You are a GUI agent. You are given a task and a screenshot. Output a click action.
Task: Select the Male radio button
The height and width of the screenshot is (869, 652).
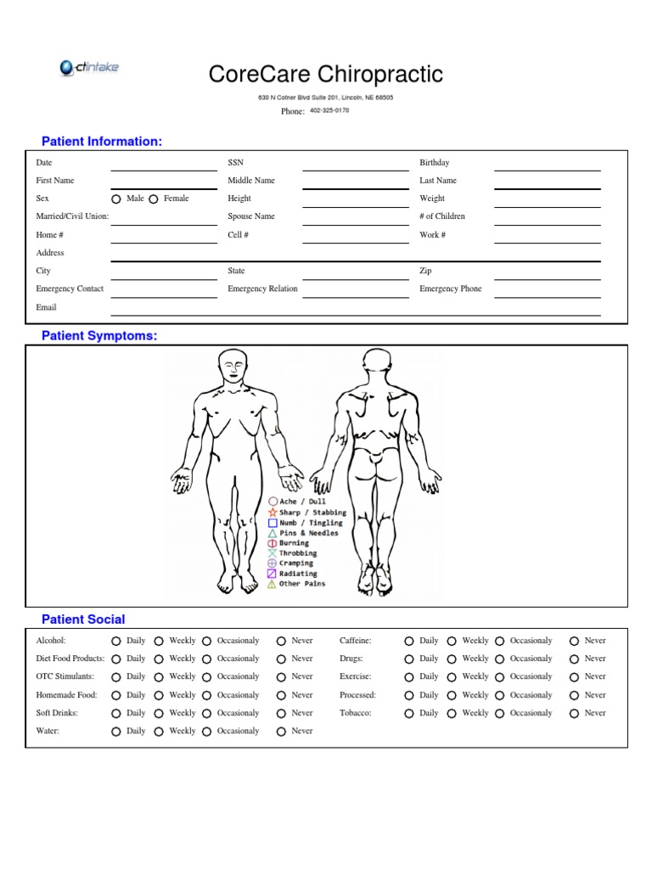pyautogui.click(x=117, y=199)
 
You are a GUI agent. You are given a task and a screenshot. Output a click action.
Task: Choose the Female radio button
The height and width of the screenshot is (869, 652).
pyautogui.click(x=154, y=199)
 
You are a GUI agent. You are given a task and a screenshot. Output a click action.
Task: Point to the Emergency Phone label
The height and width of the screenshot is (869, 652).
pyautogui.click(x=450, y=289)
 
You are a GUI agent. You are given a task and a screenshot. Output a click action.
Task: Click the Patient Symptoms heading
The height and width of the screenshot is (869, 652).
pyautogui.click(x=99, y=336)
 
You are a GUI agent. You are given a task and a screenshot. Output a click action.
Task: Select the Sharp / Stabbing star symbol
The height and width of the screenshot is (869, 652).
pyautogui.click(x=273, y=513)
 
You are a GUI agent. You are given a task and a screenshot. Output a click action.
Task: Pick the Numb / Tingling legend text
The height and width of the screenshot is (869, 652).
pyautogui.click(x=311, y=523)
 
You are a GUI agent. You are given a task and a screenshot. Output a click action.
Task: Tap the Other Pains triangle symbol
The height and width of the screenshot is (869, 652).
pyautogui.click(x=273, y=584)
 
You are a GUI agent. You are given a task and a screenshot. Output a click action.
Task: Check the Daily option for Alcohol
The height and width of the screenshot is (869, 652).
pyautogui.click(x=116, y=642)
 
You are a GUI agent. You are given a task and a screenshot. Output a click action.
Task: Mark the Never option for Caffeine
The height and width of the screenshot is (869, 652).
pyautogui.click(x=574, y=642)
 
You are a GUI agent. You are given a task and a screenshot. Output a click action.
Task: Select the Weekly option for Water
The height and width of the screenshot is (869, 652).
pyautogui.click(x=159, y=732)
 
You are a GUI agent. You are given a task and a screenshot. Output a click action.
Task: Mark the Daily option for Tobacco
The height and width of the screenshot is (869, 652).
pyautogui.click(x=409, y=714)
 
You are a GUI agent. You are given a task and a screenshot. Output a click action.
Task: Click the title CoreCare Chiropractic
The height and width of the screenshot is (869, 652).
pyautogui.click(x=326, y=75)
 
